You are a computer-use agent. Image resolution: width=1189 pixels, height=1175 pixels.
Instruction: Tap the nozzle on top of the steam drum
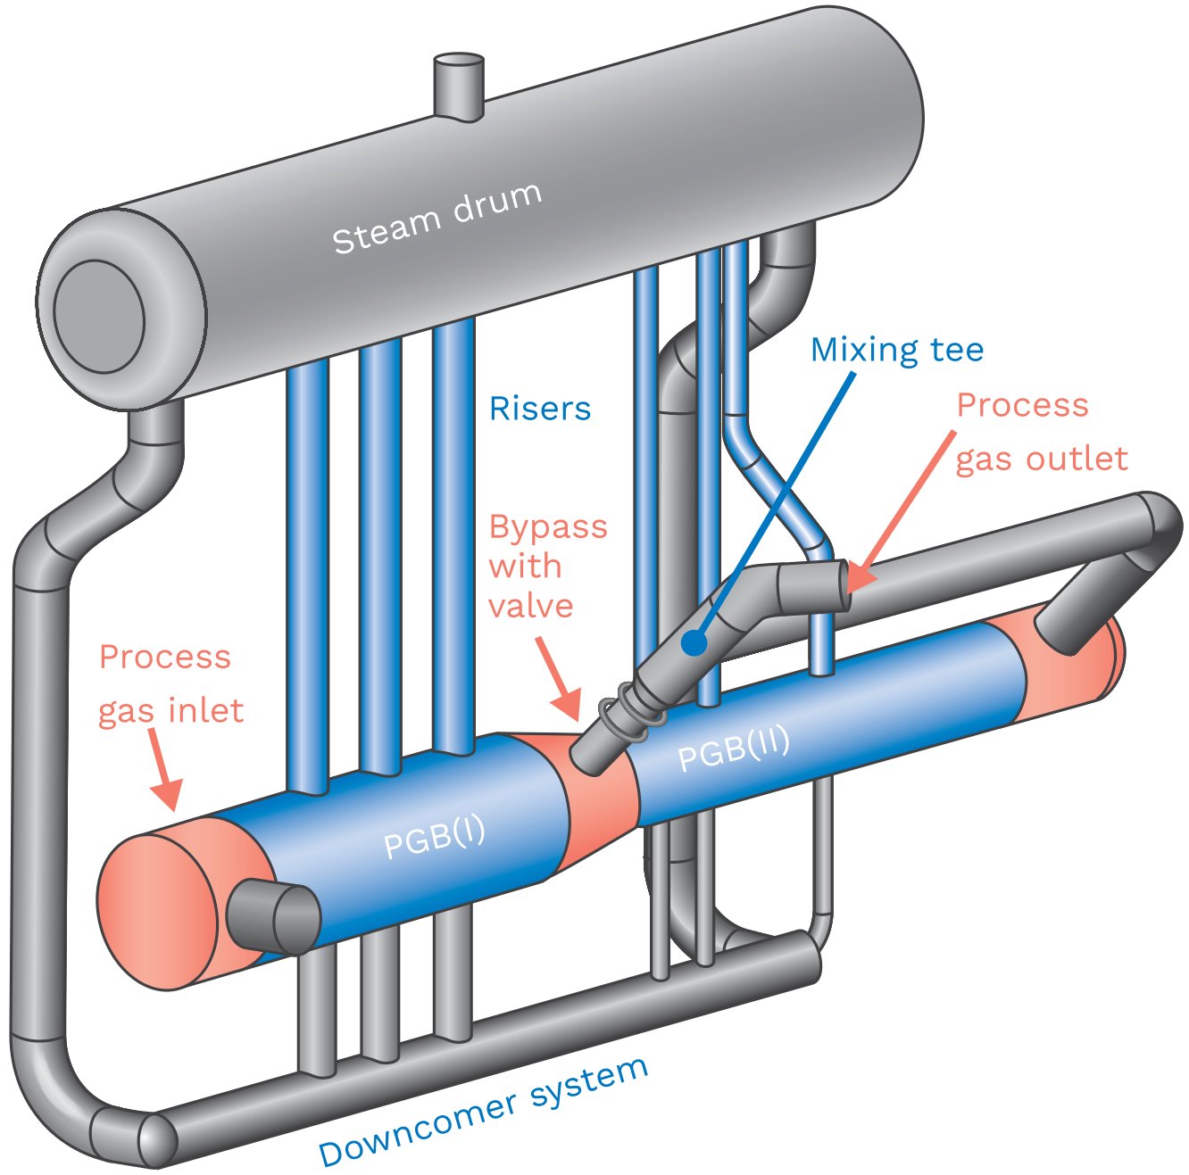[459, 86]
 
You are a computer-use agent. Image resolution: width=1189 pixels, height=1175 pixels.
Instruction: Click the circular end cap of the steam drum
[99, 316]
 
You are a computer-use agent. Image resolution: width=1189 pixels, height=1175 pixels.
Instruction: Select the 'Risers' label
[540, 409]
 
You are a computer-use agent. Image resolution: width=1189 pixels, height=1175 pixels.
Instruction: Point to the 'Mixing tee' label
[896, 350]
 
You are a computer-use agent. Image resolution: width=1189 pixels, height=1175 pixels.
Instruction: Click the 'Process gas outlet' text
[1040, 433]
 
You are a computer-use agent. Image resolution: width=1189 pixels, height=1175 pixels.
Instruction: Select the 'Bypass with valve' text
[546, 567]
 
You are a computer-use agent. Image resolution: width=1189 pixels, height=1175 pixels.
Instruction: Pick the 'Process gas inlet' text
[170, 683]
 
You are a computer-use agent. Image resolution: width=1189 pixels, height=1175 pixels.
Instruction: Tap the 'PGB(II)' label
[734, 749]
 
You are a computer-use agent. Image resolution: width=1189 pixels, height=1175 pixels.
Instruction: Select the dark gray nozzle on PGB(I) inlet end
[272, 916]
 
